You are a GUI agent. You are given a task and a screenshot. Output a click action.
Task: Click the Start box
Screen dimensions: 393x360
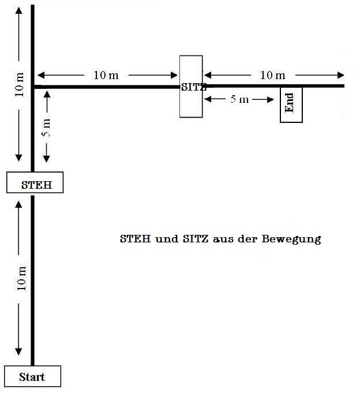pyautogui.click(x=32, y=377)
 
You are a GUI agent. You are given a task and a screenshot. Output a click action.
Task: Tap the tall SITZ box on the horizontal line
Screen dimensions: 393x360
pyautogui.click(x=191, y=87)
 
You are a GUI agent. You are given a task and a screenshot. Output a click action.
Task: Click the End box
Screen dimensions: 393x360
pyautogui.click(x=291, y=104)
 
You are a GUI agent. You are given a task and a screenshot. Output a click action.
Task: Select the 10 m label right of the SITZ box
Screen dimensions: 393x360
pyautogui.click(x=273, y=75)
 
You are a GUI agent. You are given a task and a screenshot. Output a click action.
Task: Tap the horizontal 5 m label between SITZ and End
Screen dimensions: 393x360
pyautogui.click(x=240, y=99)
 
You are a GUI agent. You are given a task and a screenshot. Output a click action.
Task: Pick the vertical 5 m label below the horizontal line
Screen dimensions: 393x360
pyautogui.click(x=47, y=126)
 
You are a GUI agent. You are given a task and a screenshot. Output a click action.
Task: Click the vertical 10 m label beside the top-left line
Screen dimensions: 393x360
pyautogui.click(x=20, y=84)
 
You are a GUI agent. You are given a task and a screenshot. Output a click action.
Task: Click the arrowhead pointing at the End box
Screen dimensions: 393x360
pyautogui.click(x=270, y=99)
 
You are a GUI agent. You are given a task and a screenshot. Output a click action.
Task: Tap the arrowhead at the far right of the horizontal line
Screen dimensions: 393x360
pyautogui.click(x=341, y=75)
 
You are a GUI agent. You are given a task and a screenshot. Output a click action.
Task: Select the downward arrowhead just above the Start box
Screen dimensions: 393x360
pyautogui.click(x=20, y=352)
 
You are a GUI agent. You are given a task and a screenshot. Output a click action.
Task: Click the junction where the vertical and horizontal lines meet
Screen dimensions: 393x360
pyautogui.click(x=32, y=87)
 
